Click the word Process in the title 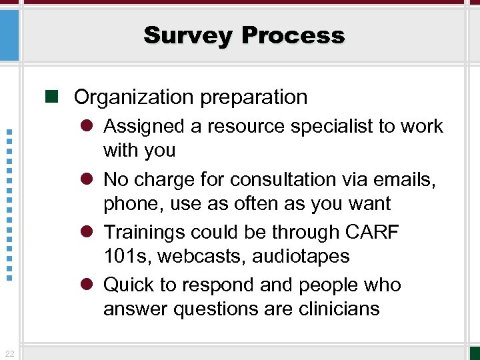(x=293, y=35)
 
